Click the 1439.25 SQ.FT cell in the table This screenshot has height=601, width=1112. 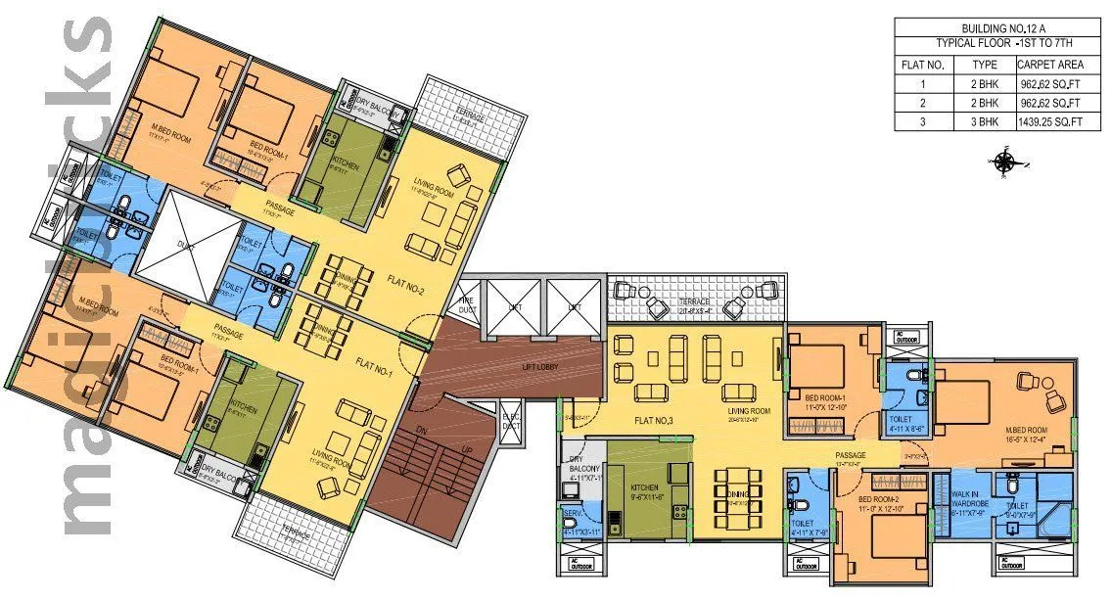(1050, 121)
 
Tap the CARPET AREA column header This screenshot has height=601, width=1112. (1050, 65)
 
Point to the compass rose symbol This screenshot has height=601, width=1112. (1005, 162)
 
